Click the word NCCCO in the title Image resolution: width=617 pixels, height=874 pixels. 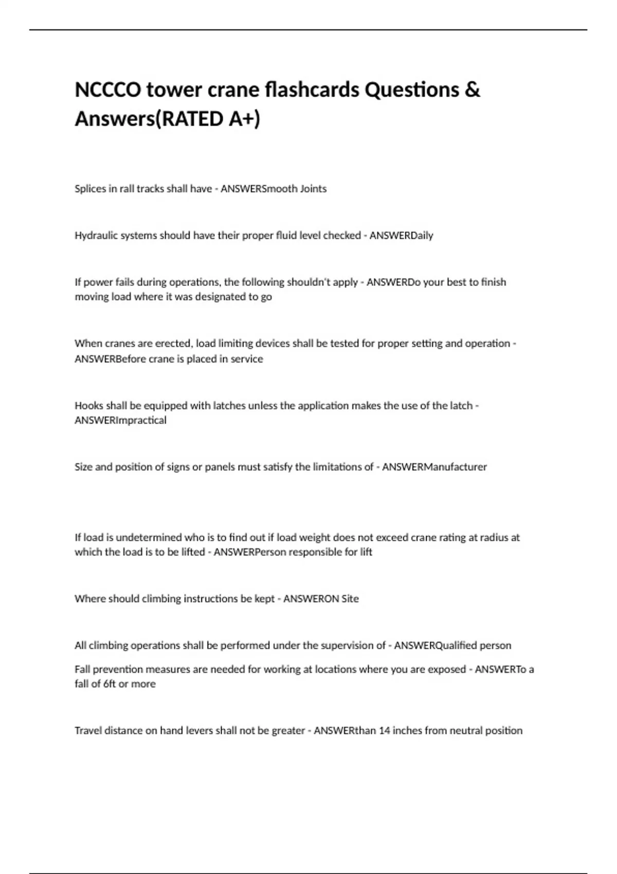(x=108, y=90)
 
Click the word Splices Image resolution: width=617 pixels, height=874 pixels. (x=90, y=189)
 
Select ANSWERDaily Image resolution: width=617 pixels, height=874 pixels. (x=401, y=235)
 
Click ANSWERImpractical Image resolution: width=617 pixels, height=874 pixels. (x=120, y=421)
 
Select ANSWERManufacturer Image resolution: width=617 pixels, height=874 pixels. (x=434, y=467)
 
